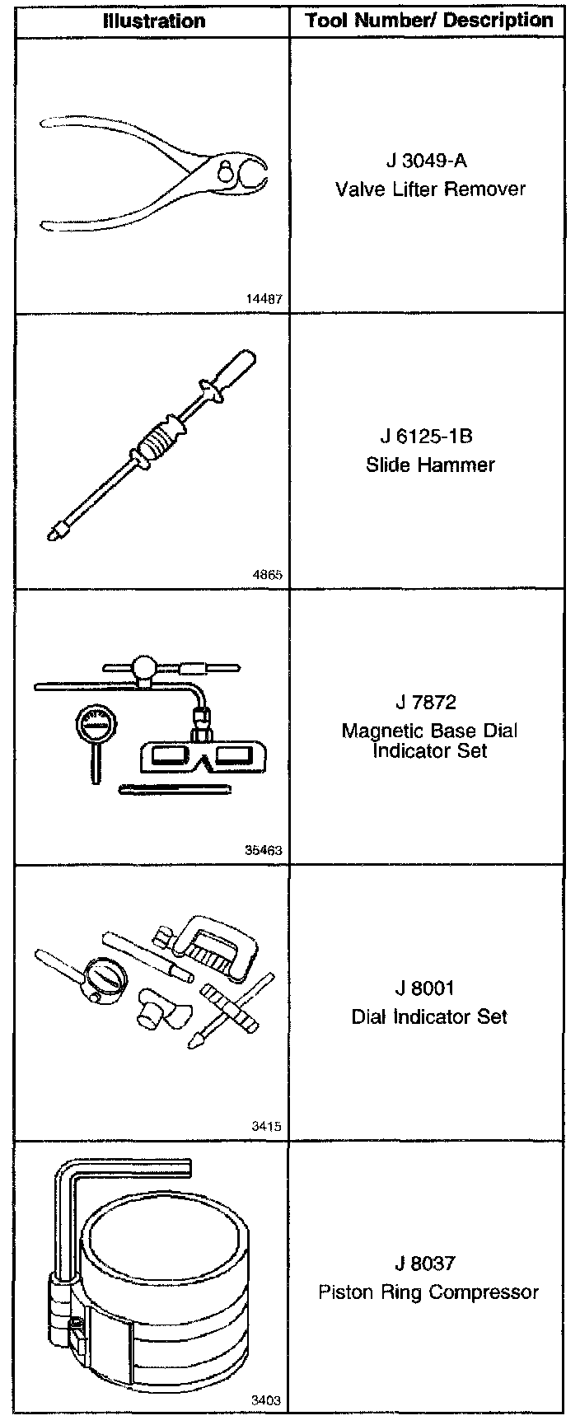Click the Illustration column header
[154, 21]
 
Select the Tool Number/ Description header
[429, 21]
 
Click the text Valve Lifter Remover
[430, 189]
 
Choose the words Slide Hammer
[430, 465]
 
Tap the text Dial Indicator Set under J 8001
[430, 1016]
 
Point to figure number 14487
[264, 299]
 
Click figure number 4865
[268, 575]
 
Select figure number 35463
[264, 850]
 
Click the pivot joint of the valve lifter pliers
[225, 172]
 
